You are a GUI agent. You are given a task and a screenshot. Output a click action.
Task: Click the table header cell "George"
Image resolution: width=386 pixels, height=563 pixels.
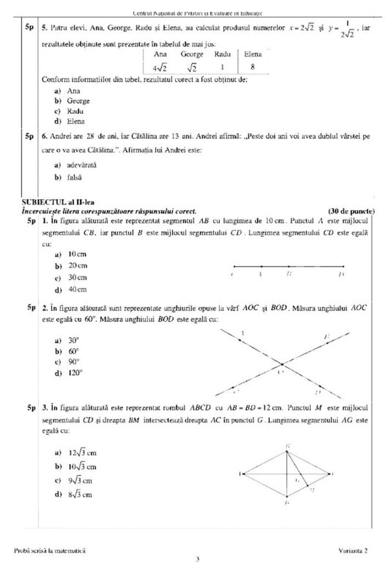coord(192,55)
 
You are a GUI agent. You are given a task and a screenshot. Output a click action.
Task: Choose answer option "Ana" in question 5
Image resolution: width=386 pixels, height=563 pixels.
coord(73,91)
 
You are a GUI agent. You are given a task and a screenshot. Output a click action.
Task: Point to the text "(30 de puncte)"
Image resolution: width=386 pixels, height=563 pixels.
coord(351,211)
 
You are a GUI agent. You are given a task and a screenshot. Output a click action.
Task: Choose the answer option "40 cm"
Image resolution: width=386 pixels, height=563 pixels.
coord(76,290)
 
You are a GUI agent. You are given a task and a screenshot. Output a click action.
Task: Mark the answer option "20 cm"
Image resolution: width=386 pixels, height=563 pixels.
coord(76,266)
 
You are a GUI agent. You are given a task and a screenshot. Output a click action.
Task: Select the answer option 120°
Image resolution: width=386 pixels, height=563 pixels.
coord(74,373)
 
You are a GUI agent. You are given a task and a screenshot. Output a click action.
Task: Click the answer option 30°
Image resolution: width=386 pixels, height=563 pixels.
coord(73,340)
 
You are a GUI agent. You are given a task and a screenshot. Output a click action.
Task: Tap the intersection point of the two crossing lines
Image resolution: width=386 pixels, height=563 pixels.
coord(282,364)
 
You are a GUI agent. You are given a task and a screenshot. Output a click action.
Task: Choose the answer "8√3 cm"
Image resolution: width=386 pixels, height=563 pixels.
coord(79,494)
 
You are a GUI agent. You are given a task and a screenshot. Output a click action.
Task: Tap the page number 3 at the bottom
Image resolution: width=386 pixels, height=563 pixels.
coord(197,559)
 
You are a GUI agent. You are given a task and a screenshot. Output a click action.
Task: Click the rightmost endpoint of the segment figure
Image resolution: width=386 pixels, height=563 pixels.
coord(344,266)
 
